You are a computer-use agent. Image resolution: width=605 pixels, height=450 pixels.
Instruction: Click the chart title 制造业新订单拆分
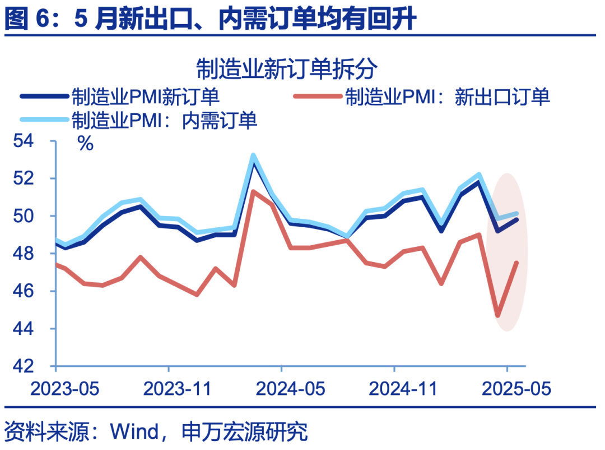coord(287,70)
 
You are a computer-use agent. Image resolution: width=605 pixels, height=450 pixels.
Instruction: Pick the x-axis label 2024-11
coord(394,389)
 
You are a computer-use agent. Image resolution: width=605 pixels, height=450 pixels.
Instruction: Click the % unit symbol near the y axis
coord(85,144)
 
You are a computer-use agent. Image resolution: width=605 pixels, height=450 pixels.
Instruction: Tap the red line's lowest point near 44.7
coord(498,316)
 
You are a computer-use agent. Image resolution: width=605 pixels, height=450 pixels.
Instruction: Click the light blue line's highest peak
coord(253,155)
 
